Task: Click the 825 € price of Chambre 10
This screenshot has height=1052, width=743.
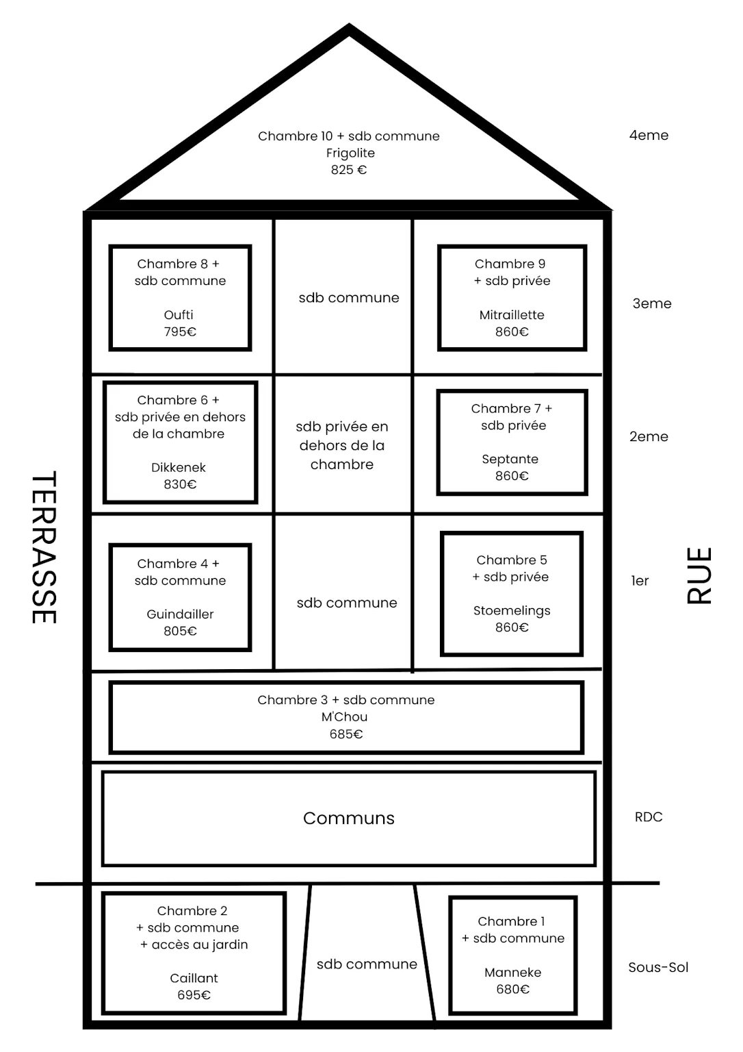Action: click(x=348, y=170)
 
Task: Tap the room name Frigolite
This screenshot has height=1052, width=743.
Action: click(x=350, y=153)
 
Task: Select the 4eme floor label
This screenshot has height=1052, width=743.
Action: click(x=649, y=135)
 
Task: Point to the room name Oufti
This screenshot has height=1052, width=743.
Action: click(x=179, y=314)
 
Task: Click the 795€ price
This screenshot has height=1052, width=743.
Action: click(x=180, y=331)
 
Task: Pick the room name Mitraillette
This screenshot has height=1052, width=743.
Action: click(x=512, y=314)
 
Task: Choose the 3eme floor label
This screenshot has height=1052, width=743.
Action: click(x=652, y=303)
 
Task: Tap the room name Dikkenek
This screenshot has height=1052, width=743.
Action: click(x=179, y=467)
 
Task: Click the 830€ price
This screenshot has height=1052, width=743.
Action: click(x=180, y=484)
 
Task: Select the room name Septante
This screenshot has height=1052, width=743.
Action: click(x=510, y=459)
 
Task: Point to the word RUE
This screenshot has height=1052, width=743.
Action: click(x=699, y=575)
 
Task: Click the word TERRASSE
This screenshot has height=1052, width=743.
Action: click(x=44, y=547)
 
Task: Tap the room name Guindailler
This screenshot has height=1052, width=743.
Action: click(x=180, y=614)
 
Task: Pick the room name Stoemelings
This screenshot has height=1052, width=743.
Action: click(x=512, y=610)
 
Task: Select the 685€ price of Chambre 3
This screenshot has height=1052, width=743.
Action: click(x=346, y=734)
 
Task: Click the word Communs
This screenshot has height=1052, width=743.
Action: click(x=348, y=818)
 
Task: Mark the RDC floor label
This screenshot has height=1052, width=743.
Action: click(x=649, y=817)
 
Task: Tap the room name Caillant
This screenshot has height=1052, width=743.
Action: click(x=194, y=978)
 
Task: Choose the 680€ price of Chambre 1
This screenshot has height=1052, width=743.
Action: click(x=512, y=989)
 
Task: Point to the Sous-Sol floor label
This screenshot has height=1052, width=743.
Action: click(x=659, y=968)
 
